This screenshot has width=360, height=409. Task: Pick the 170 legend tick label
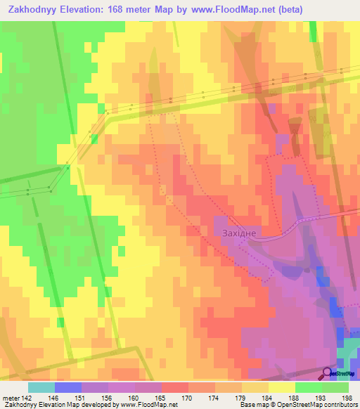(187, 397)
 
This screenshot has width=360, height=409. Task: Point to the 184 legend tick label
(267, 397)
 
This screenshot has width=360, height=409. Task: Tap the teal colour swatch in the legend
(41, 387)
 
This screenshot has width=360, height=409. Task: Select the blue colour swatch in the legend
(68, 387)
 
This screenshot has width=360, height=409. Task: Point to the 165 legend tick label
(160, 397)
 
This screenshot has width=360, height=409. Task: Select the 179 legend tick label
(240, 397)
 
